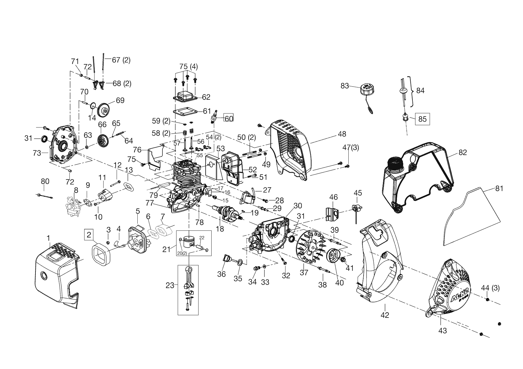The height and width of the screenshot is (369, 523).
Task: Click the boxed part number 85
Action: coord(422,119)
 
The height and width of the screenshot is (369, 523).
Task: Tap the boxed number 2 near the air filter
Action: coord(89,235)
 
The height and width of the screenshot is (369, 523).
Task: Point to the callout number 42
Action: coord(385,315)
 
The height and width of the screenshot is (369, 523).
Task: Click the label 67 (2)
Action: coord(121,60)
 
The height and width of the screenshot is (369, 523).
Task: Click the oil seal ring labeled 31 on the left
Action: coord(45,139)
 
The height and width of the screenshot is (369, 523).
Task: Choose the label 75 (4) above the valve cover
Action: coord(188,66)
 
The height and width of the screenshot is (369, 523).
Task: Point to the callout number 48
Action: coord(342,134)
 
